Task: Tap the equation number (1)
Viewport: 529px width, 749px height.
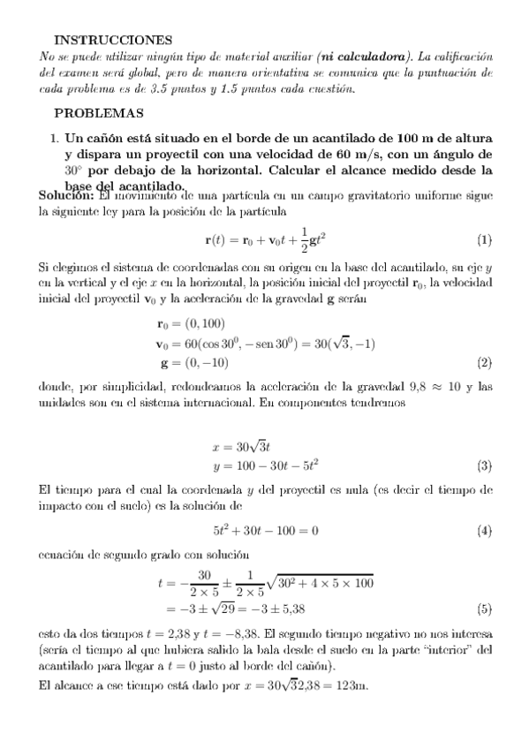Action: [484, 240]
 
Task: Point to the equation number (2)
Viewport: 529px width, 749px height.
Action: [484, 363]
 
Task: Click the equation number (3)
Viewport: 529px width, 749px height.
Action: [484, 465]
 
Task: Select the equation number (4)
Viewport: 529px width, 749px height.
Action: [484, 531]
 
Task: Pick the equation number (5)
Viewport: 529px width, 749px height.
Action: [484, 609]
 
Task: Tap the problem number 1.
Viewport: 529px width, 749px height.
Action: [54, 139]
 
